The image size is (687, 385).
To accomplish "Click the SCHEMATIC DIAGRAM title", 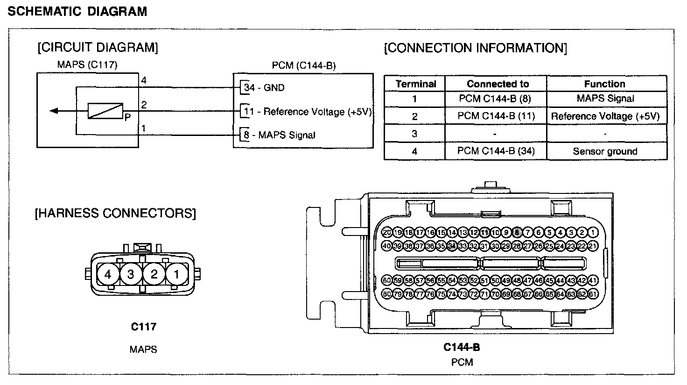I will pyautogui.click(x=78, y=12).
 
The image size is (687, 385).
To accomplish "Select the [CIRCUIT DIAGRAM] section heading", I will pyautogui.click(x=98, y=47).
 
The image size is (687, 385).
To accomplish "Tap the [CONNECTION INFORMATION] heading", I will pyautogui.click(x=475, y=48).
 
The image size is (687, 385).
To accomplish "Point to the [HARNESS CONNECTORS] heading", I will pyautogui.click(x=115, y=214).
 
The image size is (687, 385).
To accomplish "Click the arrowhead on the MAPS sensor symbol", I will pyautogui.click(x=54, y=111).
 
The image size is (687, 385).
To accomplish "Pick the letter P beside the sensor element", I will pyautogui.click(x=126, y=117).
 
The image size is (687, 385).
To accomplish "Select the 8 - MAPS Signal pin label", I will pyautogui.click(x=280, y=135).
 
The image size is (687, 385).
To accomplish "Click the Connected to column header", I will pyautogui.click(x=498, y=84).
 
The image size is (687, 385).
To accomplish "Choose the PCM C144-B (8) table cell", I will pyautogui.click(x=495, y=99).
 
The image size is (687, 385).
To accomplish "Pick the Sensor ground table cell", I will pyautogui.click(x=605, y=151).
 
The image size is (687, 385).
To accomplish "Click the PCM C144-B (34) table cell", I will pyautogui.click(x=496, y=151).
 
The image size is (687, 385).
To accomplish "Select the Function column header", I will pyautogui.click(x=604, y=84).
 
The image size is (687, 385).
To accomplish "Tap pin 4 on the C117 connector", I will pyautogui.click(x=108, y=274).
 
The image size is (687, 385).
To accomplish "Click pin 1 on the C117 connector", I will pyautogui.click(x=176, y=274).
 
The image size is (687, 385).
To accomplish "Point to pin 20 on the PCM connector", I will pyautogui.click(x=387, y=232).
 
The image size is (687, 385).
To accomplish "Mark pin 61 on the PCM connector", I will pyautogui.click(x=593, y=294).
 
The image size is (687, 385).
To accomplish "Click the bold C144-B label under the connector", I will pyautogui.click(x=461, y=347).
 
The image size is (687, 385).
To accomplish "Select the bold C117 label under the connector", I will pyautogui.click(x=143, y=327).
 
